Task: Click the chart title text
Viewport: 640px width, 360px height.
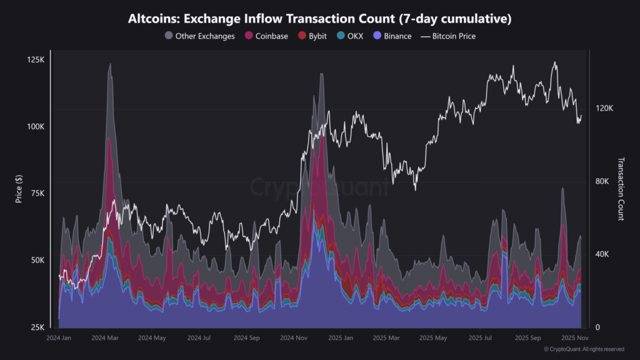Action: coord(319,19)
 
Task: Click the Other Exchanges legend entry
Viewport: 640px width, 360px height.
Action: coord(199,36)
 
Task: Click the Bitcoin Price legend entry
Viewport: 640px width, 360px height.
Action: coord(448,36)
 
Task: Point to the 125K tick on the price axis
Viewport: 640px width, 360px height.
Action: coord(34,59)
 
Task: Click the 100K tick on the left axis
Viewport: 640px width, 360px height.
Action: coord(34,126)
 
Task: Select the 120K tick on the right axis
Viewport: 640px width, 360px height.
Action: coord(604,108)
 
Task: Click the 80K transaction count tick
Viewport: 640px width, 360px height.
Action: coord(603,181)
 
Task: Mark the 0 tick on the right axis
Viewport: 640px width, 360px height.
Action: coord(598,327)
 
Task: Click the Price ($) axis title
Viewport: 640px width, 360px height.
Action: coord(19,187)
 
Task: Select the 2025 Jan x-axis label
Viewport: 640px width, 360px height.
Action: coord(341,337)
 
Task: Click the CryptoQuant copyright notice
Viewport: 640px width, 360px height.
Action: coord(584,349)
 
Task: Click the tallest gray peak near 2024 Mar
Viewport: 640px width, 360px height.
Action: coord(110,64)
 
